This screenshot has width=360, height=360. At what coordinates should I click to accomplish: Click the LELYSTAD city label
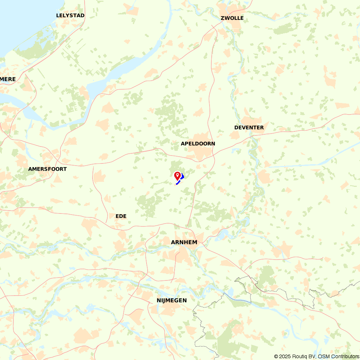tap(70, 15)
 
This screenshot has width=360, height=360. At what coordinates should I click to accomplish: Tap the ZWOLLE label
tap(232, 18)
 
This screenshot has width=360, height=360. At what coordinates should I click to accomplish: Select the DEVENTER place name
tap(249, 127)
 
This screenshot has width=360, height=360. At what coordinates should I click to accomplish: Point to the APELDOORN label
tap(198, 144)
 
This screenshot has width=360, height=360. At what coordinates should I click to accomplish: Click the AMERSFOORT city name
tap(48, 169)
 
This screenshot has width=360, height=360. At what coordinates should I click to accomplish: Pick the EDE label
tap(121, 216)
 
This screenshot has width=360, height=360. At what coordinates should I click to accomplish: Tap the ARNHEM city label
tap(184, 242)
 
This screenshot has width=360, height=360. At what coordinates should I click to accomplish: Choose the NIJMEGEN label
tap(172, 300)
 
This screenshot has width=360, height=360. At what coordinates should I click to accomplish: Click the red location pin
tap(177, 176)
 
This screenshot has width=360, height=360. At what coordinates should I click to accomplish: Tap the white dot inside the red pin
tap(177, 175)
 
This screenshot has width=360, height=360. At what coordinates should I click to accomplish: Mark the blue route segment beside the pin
tap(182, 176)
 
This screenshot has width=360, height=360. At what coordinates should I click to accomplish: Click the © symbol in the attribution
tap(276, 356)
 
